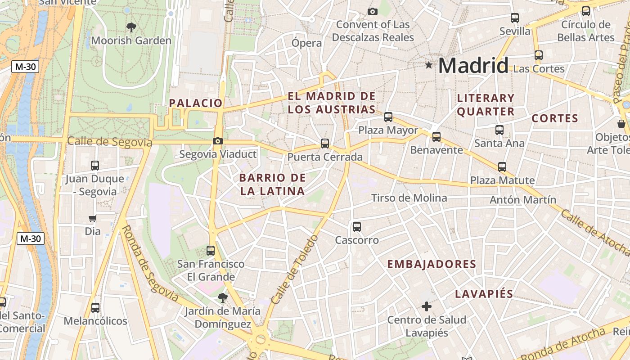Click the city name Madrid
tap(473, 66)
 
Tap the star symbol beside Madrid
tap(429, 65)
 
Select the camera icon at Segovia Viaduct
tap(218, 141)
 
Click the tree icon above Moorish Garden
tap(131, 27)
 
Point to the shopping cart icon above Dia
tap(92, 218)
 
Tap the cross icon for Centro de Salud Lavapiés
tap(427, 306)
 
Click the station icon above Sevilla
tap(515, 18)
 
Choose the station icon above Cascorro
tap(357, 227)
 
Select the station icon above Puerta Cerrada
tap(325, 144)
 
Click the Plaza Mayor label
tap(388, 130)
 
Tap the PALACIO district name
tap(196, 103)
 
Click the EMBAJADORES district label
tap(432, 264)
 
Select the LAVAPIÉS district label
tap(484, 294)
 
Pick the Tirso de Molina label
tap(409, 198)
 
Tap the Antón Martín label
tap(523, 199)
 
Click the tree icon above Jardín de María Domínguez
tap(222, 297)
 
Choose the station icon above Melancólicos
tap(95, 308)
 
